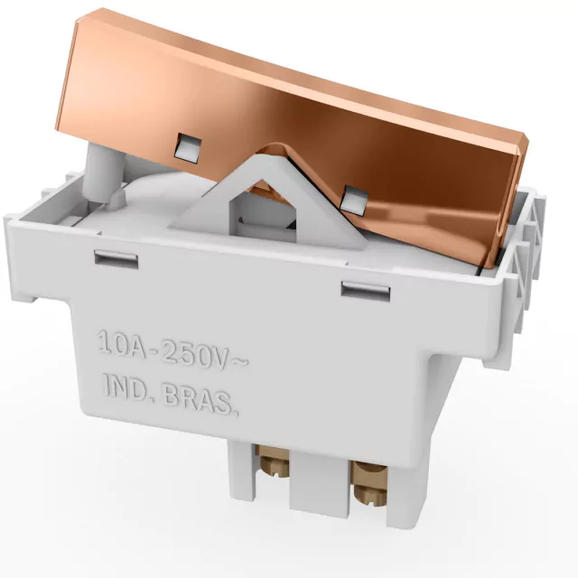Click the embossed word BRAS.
pos(200,399)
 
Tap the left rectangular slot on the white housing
pos(117,259)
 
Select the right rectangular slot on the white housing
pos(365,291)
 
